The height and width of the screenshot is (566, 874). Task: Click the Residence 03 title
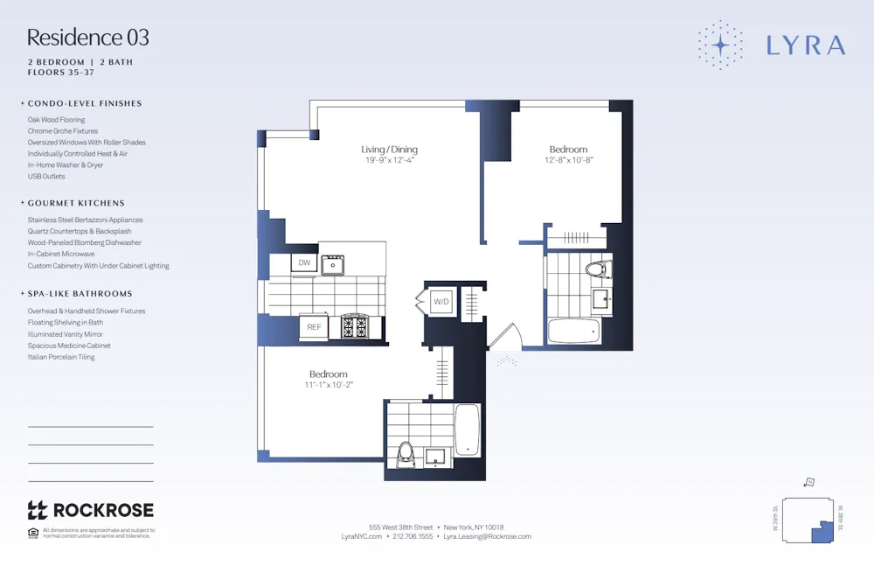coord(87,38)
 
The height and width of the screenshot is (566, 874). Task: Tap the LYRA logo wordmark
coord(805,45)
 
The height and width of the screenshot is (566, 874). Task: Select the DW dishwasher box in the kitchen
coord(304,262)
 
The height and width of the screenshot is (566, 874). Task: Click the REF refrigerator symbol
coord(313,327)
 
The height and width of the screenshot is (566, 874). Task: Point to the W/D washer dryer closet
coord(441,302)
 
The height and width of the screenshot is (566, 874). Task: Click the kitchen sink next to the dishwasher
coord(333,263)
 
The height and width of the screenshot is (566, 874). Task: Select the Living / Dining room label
coord(389,150)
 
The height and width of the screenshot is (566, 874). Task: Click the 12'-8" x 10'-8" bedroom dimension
coord(568,161)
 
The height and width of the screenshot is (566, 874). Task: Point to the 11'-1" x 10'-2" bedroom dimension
coord(328,385)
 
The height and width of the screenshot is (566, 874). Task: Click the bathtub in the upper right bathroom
coord(572,330)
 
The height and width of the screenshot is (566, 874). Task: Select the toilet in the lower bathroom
coord(405,452)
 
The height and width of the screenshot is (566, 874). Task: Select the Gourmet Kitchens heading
coord(76,203)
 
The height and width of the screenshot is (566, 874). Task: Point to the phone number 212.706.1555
coord(413,537)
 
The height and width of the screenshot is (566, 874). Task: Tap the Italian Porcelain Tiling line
coord(61,357)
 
